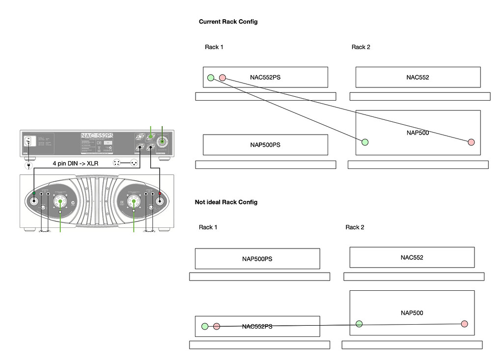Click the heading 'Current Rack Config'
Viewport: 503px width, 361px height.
(228, 22)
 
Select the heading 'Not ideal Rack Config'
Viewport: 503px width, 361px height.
(226, 202)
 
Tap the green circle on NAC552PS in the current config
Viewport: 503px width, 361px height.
(211, 77)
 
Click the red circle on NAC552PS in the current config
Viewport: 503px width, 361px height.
(223, 77)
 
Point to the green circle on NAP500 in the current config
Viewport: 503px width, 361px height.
(364, 142)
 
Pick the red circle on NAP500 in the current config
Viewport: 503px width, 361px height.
(471, 142)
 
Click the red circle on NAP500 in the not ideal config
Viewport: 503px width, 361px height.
(464, 324)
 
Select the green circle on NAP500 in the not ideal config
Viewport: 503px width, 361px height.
(359, 323)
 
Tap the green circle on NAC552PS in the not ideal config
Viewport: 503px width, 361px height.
(205, 326)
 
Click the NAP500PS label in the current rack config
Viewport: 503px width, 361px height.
(265, 145)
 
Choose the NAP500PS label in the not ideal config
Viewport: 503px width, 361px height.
(257, 259)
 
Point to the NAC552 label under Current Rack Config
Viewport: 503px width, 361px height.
(418, 77)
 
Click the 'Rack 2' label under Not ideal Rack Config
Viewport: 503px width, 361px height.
(355, 227)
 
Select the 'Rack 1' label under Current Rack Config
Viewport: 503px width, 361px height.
(214, 47)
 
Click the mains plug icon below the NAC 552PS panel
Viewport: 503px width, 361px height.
(28, 166)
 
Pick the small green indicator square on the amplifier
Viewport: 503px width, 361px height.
(34, 194)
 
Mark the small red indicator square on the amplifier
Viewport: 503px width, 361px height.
(160, 194)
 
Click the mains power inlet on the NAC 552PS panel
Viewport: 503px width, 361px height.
(28, 141)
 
